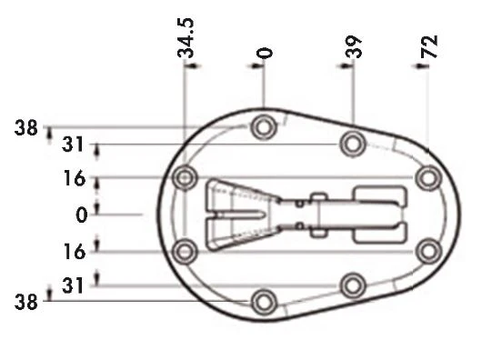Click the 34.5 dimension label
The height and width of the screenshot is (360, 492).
pos(186,38)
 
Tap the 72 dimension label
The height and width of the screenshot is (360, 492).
pos(429,46)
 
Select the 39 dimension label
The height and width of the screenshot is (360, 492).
pos(353,46)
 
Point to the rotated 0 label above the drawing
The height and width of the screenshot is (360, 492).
pos(265,53)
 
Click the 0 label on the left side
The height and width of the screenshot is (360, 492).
pos(82,215)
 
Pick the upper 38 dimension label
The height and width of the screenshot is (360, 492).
pos(25,128)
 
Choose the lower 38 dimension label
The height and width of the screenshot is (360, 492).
pos(25,302)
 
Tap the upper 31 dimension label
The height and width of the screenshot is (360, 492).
pos(73,145)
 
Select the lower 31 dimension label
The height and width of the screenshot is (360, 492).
pos(73,285)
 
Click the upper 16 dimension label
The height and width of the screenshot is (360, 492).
pos(75,178)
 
